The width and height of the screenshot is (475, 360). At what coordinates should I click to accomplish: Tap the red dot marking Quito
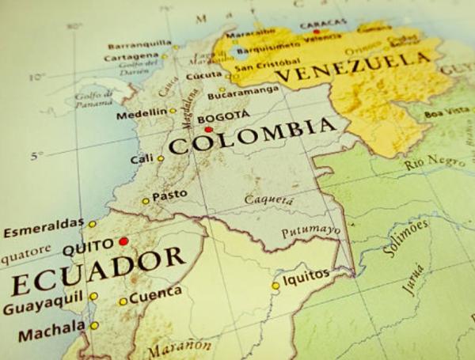[x=123, y=241]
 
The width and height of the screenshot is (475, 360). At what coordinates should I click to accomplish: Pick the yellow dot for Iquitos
[x=275, y=286]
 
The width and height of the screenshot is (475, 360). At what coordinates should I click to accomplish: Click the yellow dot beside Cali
[x=160, y=158]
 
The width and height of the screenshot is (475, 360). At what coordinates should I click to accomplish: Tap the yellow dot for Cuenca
[x=123, y=301]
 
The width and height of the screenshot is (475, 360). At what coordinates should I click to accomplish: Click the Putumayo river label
[x=311, y=230]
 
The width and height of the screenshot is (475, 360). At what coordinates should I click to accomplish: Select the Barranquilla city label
[x=139, y=44]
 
